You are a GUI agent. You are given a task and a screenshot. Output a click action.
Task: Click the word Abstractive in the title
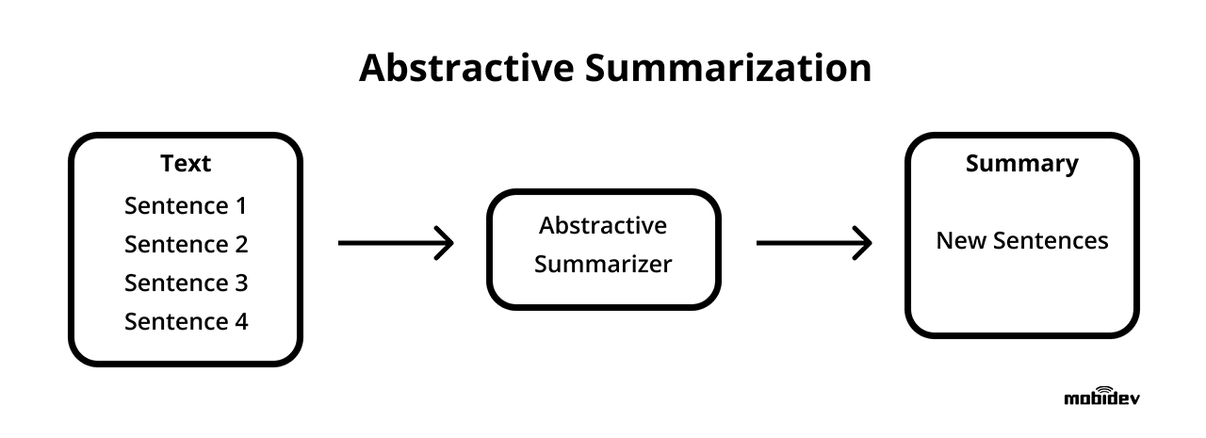click(x=463, y=69)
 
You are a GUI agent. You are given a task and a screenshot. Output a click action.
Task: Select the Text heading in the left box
click(x=186, y=163)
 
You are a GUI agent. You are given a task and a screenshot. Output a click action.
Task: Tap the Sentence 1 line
click(x=186, y=205)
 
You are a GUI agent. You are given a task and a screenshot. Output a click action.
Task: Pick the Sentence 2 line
click(x=186, y=244)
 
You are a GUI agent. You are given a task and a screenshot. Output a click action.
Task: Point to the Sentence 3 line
click(x=186, y=283)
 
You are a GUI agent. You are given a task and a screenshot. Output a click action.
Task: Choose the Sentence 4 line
click(x=186, y=321)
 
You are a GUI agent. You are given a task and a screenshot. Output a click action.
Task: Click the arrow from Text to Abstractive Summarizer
click(x=396, y=243)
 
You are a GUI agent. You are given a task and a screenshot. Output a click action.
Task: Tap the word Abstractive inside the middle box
click(x=603, y=226)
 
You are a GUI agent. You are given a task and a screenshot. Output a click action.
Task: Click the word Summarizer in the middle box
click(x=603, y=265)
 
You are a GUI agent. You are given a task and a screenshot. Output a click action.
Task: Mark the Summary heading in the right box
click(x=1021, y=163)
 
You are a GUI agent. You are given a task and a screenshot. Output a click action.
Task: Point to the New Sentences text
click(x=1021, y=240)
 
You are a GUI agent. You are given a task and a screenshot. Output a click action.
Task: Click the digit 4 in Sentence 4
click(x=240, y=321)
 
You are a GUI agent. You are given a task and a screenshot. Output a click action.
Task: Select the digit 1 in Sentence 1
click(x=239, y=205)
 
